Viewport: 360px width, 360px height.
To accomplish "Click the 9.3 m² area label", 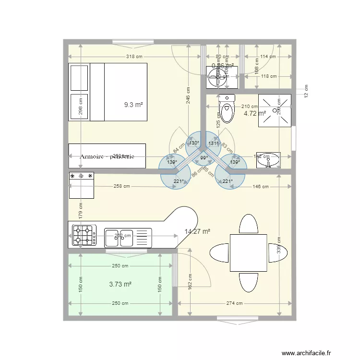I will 134,104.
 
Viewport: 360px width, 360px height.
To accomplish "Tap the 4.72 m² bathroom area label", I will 254,114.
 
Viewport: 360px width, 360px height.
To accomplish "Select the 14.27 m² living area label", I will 197,231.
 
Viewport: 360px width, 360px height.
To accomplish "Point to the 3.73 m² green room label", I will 120,284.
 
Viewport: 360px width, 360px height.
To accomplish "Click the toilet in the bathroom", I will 227,109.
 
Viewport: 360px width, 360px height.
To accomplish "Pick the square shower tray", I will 275,110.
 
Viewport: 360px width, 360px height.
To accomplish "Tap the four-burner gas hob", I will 84,236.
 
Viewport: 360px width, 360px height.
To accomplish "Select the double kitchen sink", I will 120,236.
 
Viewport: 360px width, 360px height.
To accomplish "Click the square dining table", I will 248,252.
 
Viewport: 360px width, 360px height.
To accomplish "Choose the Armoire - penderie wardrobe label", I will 107,156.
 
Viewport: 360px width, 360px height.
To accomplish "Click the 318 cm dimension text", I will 134,57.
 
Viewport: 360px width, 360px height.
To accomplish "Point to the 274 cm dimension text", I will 235,303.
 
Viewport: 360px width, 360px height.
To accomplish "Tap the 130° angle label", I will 193,143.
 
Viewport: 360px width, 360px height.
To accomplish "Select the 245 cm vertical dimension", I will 189,97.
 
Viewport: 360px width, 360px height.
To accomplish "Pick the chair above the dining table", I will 248,223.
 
